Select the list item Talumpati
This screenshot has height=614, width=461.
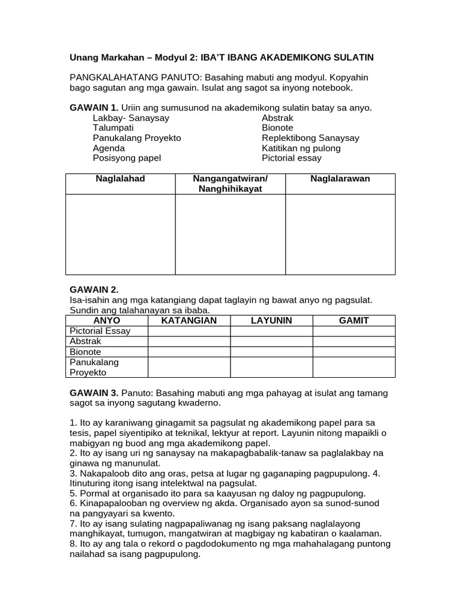[x=113, y=128]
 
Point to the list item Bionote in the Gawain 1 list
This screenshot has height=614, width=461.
[x=277, y=128]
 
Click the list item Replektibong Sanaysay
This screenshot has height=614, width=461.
[x=310, y=138]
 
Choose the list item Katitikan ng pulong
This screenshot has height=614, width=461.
[x=301, y=148]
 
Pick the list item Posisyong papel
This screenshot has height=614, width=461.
[x=127, y=158]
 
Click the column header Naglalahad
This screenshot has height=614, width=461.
[x=120, y=179]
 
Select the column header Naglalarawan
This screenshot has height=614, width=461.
[x=340, y=179]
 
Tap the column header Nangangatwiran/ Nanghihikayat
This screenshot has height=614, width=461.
[x=230, y=184]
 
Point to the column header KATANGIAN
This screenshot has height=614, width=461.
[x=189, y=321]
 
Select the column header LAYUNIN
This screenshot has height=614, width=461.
[x=271, y=321]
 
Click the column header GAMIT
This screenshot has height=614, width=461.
[x=354, y=321]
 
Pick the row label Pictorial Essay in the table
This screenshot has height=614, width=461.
[x=100, y=331]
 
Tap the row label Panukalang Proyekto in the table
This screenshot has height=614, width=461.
[x=94, y=367]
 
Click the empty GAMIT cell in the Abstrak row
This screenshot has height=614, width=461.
[x=354, y=341]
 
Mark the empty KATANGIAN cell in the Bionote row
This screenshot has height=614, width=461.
[x=189, y=351]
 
